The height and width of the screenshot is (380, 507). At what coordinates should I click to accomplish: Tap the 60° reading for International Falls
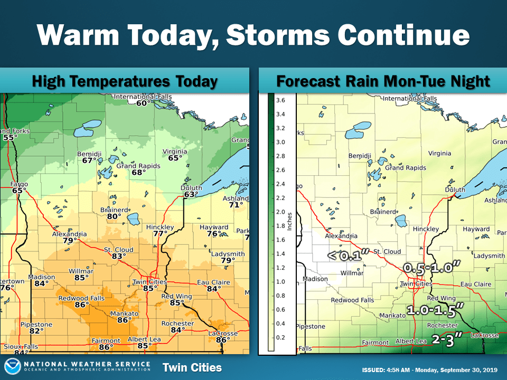click(142, 103)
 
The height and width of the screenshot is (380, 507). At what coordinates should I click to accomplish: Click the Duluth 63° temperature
click(190, 194)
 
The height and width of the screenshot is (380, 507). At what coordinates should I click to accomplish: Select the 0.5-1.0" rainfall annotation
click(429, 268)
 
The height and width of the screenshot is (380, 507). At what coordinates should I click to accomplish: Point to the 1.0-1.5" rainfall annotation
click(436, 309)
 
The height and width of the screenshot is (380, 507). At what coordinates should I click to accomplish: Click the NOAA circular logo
click(13, 367)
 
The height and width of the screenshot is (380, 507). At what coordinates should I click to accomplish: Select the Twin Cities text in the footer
click(192, 367)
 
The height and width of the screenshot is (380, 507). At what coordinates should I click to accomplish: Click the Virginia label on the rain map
click(439, 153)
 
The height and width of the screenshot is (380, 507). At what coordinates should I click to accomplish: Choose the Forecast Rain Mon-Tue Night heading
click(383, 81)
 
